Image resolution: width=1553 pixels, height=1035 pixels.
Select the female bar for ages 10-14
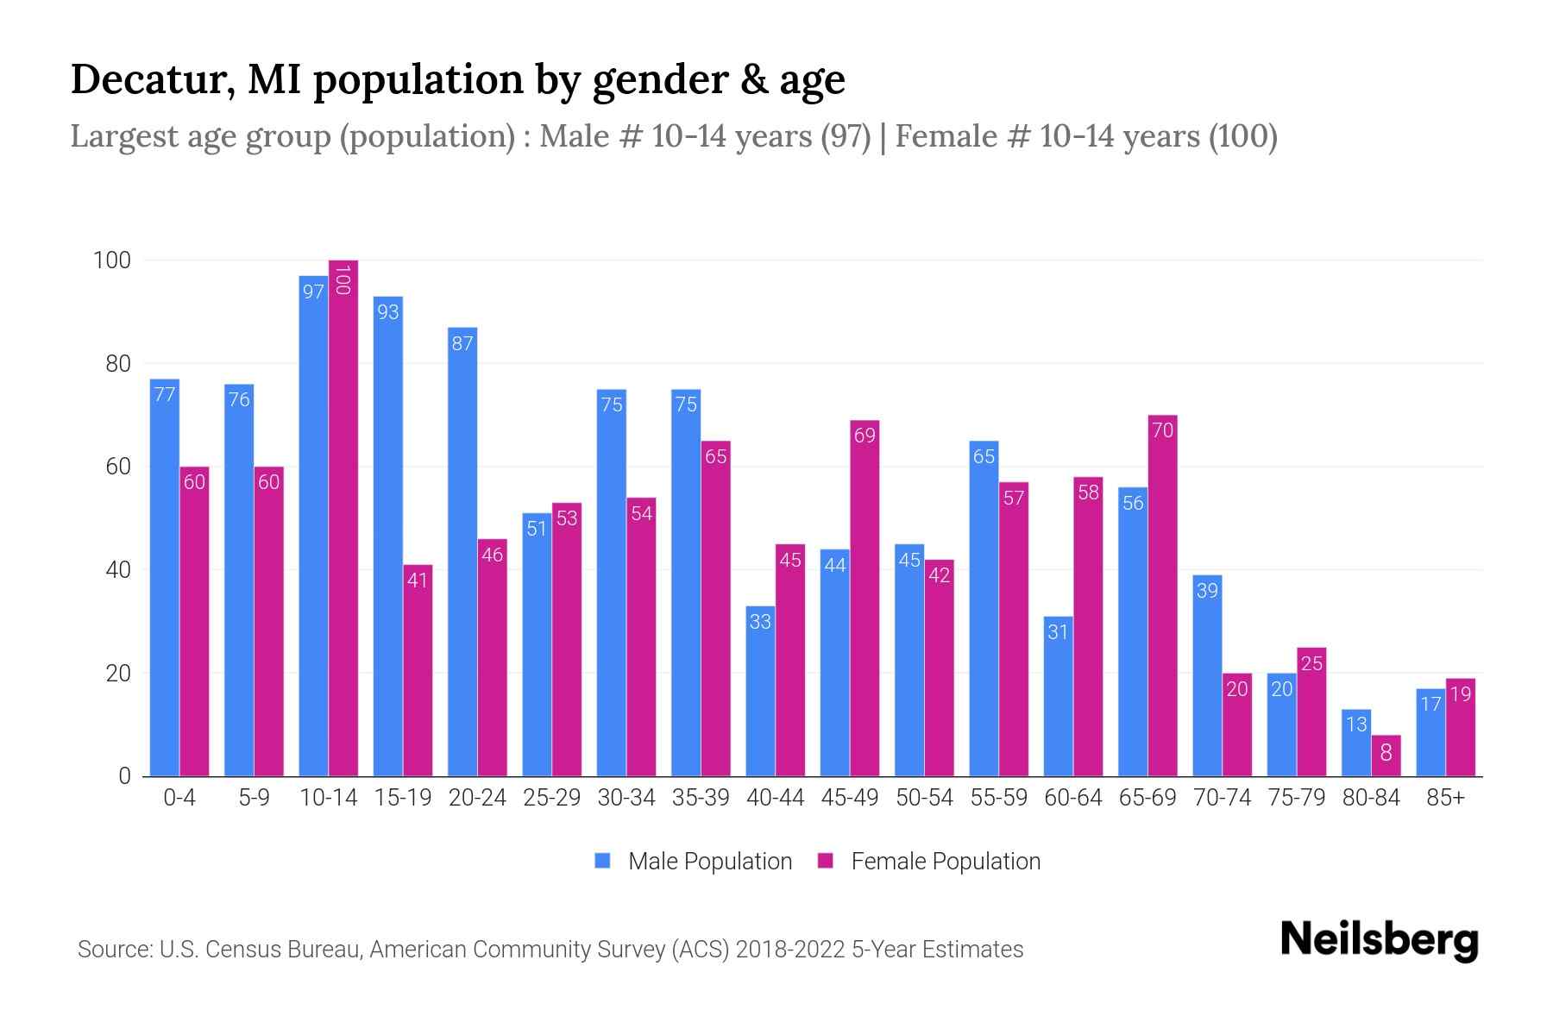pyautogui.click(x=343, y=517)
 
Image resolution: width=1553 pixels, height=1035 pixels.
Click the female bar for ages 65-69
pyautogui.click(x=1162, y=595)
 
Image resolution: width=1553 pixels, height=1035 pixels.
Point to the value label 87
pyautogui.click(x=462, y=343)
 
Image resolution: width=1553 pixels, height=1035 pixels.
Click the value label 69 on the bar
pyautogui.click(x=865, y=436)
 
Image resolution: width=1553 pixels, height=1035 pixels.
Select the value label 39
pyautogui.click(x=1207, y=591)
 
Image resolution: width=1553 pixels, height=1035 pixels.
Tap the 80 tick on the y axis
pyautogui.click(x=118, y=364)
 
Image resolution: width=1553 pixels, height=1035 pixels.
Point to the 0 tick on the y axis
pyautogui.click(x=125, y=776)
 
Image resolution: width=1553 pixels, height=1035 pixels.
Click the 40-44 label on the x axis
pyautogui.click(x=775, y=798)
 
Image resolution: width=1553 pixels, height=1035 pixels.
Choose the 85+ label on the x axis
pyautogui.click(x=1445, y=798)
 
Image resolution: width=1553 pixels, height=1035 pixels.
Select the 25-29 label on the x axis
pyautogui.click(x=551, y=798)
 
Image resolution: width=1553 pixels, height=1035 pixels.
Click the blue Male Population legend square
pyautogui.click(x=603, y=861)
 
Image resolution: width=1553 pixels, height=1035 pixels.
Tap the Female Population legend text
pyautogui.click(x=946, y=862)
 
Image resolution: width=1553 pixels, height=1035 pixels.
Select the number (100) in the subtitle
pyautogui.click(x=1242, y=136)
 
